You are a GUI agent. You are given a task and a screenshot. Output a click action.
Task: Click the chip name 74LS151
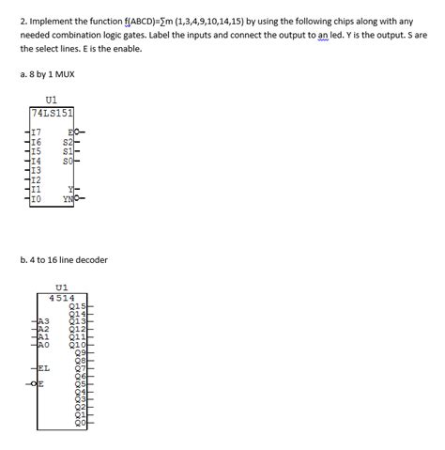[53, 114]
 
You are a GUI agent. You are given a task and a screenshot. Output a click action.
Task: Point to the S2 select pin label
[67, 141]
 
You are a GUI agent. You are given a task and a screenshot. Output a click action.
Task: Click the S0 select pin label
[67, 161]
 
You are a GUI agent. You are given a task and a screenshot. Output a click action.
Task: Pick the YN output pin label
[68, 199]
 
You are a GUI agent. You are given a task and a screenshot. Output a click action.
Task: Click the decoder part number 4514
[63, 297]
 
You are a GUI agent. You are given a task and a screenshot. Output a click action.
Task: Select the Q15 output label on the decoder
[79, 307]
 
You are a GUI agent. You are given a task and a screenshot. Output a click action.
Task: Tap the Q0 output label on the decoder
[81, 424]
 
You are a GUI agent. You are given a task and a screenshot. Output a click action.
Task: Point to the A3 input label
[44, 321]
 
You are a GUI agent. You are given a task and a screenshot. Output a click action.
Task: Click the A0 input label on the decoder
[44, 345]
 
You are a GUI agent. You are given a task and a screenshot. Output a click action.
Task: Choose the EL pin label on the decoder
[44, 368]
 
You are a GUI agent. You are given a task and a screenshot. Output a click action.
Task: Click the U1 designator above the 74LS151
[51, 99]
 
